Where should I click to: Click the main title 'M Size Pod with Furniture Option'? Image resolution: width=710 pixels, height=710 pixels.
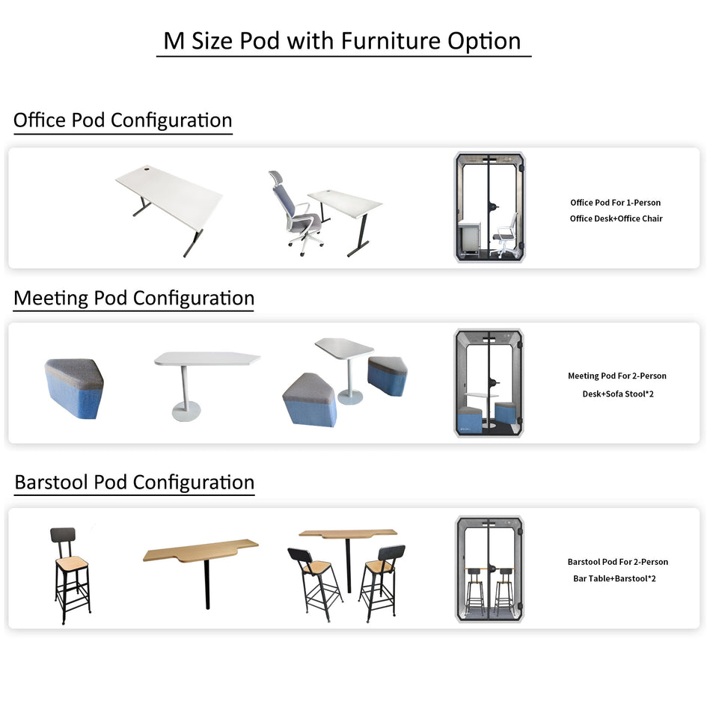coord(343,41)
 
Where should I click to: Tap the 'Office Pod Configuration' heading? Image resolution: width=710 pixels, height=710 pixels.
coord(123,120)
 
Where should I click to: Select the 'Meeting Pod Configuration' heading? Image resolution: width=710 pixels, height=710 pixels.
coord(134,299)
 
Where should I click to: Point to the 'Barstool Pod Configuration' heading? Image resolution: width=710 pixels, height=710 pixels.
coord(135,483)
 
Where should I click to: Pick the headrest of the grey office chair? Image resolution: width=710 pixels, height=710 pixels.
coord(276,178)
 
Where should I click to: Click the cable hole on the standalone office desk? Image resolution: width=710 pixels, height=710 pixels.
coord(147,171)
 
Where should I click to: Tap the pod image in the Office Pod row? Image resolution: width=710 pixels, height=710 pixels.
coord(489,207)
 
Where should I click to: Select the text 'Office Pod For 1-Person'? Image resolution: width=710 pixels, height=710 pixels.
coord(616,203)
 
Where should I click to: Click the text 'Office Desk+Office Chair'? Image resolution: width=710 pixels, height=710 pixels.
coord(616,218)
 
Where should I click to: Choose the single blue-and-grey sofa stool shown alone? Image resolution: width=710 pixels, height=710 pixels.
coord(74,388)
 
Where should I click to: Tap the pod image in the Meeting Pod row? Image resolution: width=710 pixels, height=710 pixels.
coord(489,383)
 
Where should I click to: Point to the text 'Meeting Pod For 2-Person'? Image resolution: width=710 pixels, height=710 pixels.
coord(617,376)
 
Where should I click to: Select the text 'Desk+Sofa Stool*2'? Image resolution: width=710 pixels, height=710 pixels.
coord(618,394)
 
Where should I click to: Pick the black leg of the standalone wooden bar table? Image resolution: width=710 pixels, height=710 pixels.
coord(207,584)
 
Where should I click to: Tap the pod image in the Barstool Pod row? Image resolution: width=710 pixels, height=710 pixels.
coord(489,569)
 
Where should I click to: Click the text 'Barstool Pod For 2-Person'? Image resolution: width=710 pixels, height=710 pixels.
coord(618,562)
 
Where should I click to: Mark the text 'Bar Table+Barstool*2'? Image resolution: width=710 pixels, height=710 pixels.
coord(614,578)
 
